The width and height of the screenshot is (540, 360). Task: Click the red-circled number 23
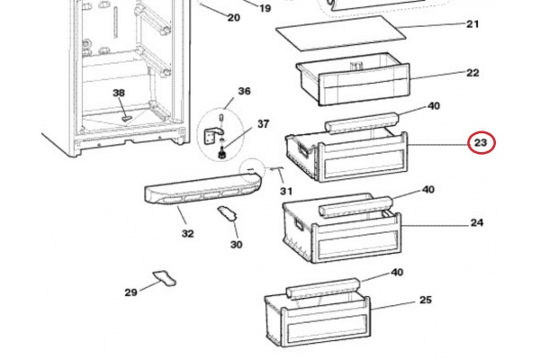tap(481, 142)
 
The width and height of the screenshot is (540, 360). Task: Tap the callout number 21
tap(472, 24)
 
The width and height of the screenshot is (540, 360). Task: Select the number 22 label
tap(472, 73)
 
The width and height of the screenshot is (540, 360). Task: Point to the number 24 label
tap(477, 223)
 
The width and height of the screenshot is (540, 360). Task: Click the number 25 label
tap(426, 300)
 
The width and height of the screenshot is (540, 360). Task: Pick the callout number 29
tap(130, 292)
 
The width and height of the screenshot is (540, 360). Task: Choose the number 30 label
tap(236, 245)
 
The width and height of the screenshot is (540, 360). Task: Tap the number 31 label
tap(286, 191)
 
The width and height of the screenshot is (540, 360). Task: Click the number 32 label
tap(188, 234)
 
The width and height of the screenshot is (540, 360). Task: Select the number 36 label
tap(244, 91)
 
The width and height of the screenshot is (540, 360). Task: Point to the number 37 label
tap(263, 124)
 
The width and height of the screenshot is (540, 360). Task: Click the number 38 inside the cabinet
tap(119, 93)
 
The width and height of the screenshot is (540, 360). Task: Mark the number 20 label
tap(234, 17)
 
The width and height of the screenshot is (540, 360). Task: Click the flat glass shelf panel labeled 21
tap(340, 33)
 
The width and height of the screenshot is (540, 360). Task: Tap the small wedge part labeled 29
tap(165, 278)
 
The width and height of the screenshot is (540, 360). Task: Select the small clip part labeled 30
tap(228, 214)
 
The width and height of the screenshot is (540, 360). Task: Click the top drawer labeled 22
tap(353, 79)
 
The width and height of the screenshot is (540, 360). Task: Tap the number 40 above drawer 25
tap(397, 273)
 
